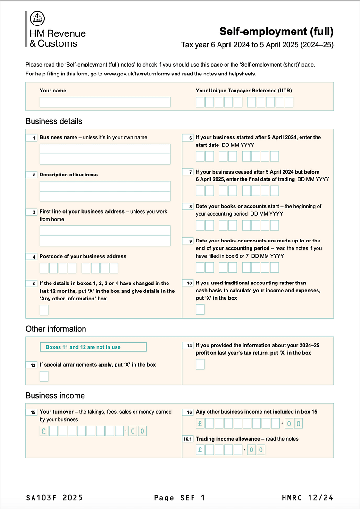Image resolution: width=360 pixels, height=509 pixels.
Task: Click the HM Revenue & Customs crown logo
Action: (37, 19)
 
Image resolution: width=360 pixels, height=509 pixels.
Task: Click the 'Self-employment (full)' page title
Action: (276, 32)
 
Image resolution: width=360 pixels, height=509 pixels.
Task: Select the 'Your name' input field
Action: (105, 102)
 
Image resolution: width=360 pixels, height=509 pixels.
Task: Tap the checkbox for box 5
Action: (44, 310)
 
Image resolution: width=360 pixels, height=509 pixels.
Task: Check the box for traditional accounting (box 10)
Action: (200, 309)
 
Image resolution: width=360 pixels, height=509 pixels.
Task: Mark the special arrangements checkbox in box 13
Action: (44, 376)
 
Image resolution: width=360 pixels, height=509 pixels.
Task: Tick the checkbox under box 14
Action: (200, 364)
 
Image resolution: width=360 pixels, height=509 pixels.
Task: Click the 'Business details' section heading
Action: (54, 121)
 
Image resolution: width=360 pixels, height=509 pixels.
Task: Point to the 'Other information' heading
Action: (56, 329)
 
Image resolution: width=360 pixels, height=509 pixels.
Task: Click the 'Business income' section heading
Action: (55, 395)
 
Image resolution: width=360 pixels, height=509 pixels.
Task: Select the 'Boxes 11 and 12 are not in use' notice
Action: (93, 347)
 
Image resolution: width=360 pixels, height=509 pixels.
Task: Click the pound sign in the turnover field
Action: (44, 431)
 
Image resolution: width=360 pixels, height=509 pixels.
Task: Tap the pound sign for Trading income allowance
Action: (200, 450)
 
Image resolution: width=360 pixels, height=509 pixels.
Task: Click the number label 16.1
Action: (188, 439)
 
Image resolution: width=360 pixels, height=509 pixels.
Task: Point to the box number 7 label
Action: (190, 172)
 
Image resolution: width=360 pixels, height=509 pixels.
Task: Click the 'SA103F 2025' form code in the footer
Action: (54, 498)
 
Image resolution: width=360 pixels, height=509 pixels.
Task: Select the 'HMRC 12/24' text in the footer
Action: (307, 498)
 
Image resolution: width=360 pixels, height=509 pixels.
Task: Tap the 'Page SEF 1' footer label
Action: (180, 498)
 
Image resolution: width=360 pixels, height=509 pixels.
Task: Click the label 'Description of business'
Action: (68, 175)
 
